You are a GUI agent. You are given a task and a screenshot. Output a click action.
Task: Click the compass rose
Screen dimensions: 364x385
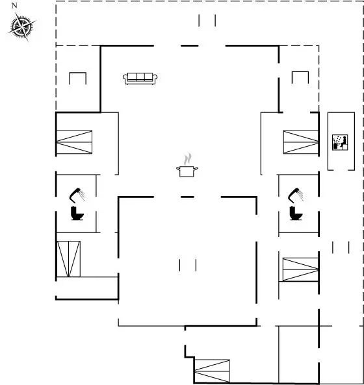click(x=22, y=27)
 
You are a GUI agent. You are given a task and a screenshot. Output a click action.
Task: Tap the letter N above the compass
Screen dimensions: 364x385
click(x=14, y=6)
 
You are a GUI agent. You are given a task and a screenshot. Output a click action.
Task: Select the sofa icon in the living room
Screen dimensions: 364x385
click(x=140, y=79)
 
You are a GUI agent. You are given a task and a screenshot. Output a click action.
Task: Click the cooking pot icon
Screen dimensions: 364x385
click(x=187, y=171)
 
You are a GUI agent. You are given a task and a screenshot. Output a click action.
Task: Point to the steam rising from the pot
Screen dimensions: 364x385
click(x=188, y=159)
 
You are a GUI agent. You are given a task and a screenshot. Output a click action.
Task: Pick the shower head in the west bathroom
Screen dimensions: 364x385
click(x=77, y=195)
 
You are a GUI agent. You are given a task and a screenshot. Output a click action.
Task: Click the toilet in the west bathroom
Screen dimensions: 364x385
click(x=77, y=214)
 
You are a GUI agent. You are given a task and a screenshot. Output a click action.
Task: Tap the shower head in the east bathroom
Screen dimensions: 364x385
click(x=296, y=195)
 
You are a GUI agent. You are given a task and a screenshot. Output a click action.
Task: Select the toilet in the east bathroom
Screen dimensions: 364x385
click(x=296, y=214)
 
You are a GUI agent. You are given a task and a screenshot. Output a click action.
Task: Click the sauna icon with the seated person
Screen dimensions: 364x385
click(x=340, y=142)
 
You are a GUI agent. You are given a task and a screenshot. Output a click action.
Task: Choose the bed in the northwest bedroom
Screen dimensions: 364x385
click(x=74, y=142)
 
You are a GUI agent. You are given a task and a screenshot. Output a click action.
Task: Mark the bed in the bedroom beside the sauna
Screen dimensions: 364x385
click(x=301, y=142)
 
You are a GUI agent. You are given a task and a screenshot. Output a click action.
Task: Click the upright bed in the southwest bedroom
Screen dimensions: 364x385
click(x=68, y=259)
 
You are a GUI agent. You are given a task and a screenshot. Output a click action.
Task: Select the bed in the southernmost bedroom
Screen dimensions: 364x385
click(x=212, y=371)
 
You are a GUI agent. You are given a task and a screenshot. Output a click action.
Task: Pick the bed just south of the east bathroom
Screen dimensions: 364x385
click(x=300, y=269)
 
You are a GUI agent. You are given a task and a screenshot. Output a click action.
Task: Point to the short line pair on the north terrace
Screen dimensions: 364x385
click(x=207, y=20)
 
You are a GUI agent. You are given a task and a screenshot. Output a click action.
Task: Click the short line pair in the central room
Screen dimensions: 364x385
click(x=188, y=265)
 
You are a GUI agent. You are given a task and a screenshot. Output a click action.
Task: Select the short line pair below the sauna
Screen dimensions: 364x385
click(x=341, y=247)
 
